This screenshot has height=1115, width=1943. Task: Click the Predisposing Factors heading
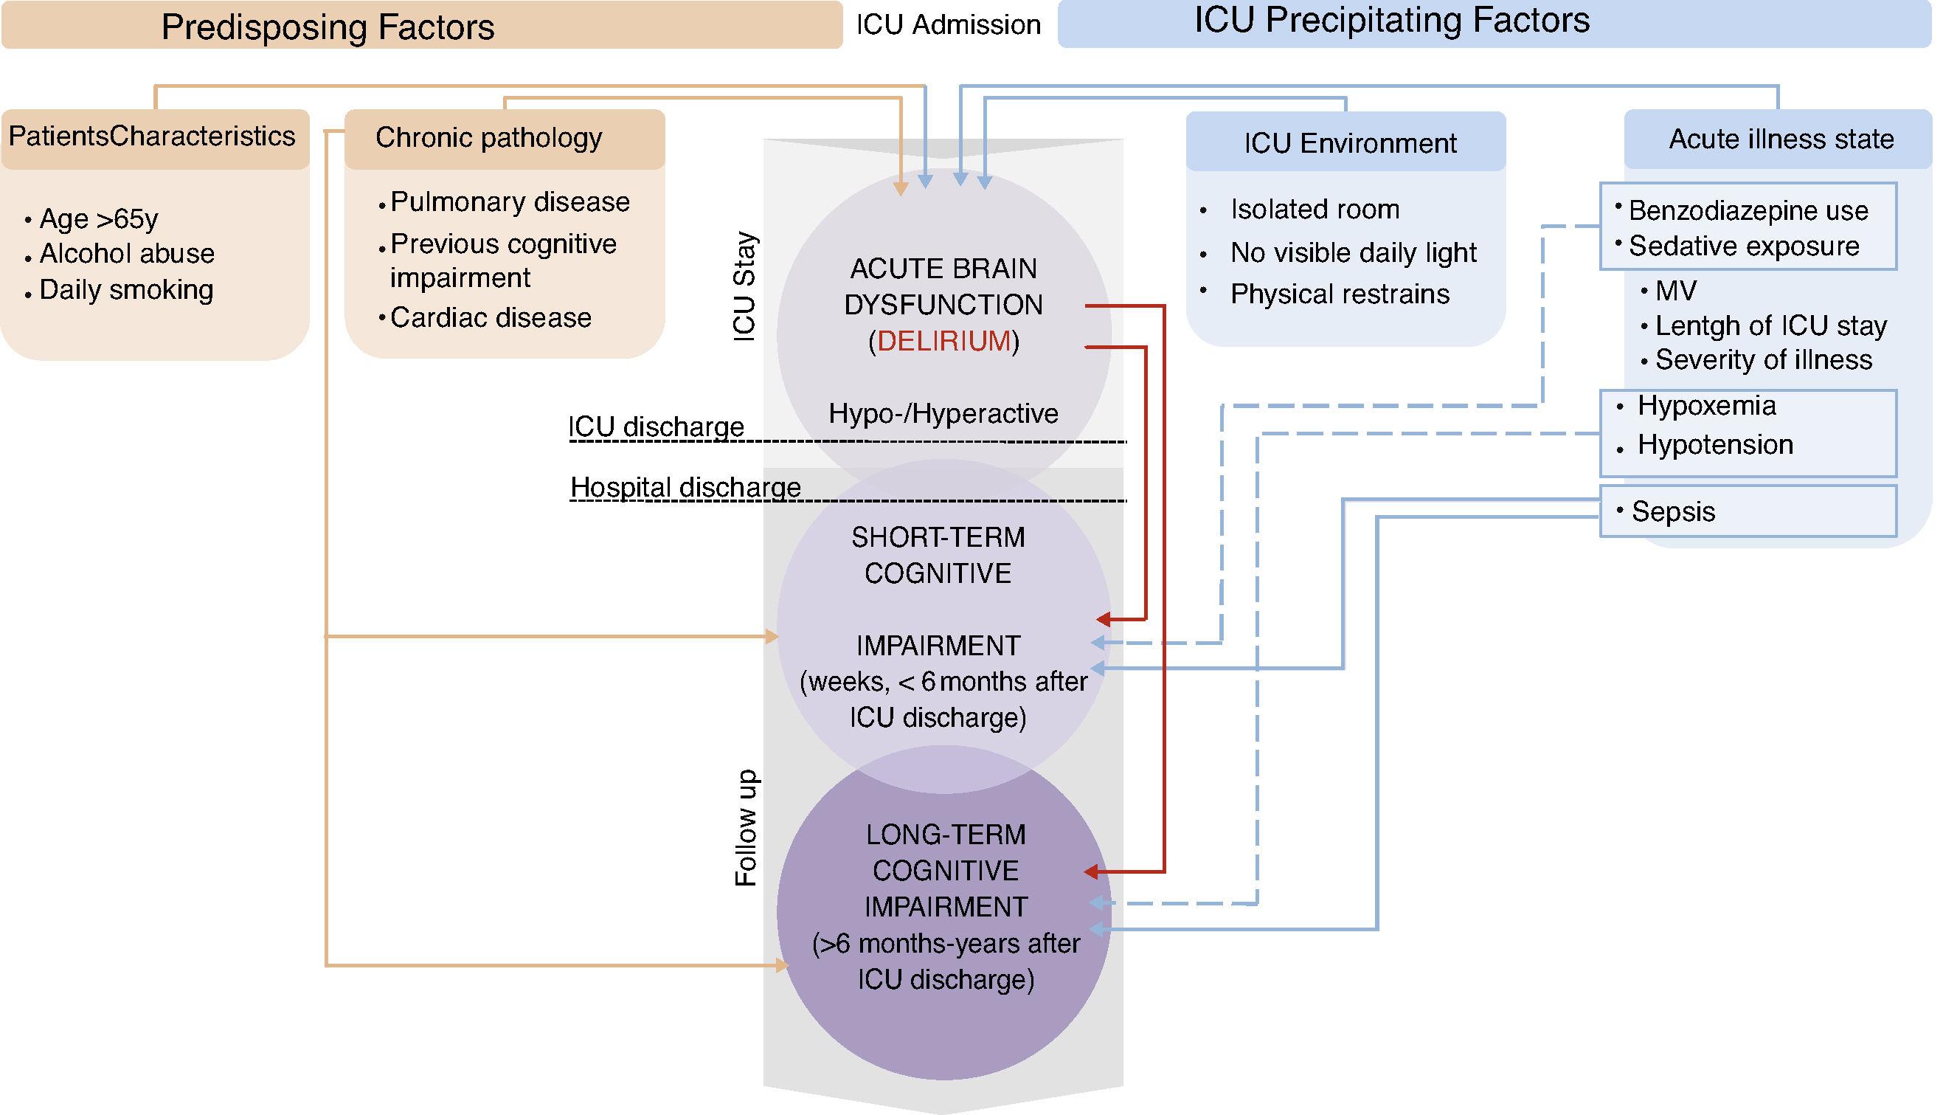click(x=328, y=27)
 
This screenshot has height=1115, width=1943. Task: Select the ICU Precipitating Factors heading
click(x=1392, y=21)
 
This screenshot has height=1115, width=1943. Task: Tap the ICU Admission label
click(x=948, y=25)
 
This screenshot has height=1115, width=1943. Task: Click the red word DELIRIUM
click(x=944, y=341)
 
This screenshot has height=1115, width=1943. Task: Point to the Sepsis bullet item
click(x=1673, y=511)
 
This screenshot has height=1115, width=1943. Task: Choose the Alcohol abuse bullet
click(x=127, y=254)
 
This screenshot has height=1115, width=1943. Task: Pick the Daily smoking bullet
click(x=126, y=289)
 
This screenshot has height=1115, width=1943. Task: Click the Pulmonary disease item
click(x=510, y=202)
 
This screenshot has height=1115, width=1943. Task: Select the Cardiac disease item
click(x=491, y=318)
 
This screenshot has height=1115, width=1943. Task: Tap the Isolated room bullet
click(x=1315, y=209)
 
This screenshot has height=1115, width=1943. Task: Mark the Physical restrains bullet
click(x=1340, y=294)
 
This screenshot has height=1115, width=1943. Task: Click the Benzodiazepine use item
click(x=1748, y=210)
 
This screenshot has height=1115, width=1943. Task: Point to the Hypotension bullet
click(x=1715, y=445)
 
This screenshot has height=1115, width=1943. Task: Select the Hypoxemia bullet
click(x=1706, y=406)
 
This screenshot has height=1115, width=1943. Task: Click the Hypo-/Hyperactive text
click(x=943, y=413)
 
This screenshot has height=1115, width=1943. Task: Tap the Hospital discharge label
click(x=685, y=487)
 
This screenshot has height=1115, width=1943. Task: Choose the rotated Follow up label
click(x=745, y=828)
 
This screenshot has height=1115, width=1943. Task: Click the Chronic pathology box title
click(x=488, y=138)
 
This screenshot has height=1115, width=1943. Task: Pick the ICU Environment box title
click(x=1350, y=143)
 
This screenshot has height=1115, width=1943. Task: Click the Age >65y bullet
click(x=99, y=219)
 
